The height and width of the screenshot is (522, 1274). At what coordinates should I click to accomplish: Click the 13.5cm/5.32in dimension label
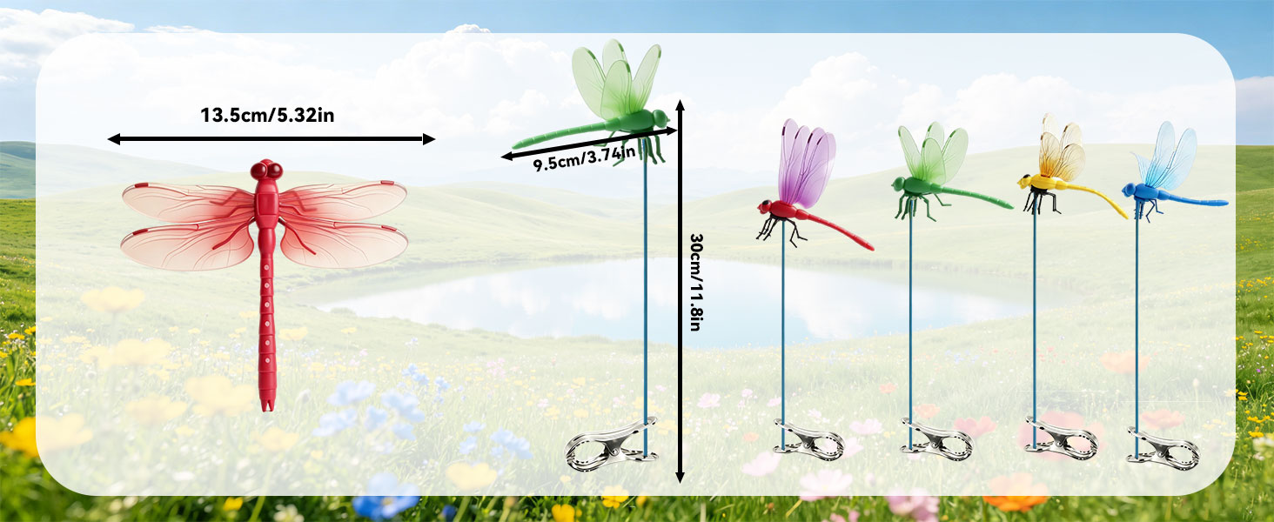267,116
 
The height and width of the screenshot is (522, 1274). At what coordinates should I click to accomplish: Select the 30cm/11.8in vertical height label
695,282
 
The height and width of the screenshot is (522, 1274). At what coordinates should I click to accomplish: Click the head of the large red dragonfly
267,170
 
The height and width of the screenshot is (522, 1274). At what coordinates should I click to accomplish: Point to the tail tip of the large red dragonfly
267,408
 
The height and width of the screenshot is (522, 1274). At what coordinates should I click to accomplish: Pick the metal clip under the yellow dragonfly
1061,438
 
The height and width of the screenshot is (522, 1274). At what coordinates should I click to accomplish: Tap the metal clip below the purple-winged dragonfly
808,440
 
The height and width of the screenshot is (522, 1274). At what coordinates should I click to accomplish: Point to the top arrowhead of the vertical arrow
680,104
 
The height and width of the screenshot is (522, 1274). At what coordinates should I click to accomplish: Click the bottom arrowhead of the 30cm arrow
680,478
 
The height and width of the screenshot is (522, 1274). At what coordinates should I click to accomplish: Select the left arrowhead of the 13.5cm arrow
114,138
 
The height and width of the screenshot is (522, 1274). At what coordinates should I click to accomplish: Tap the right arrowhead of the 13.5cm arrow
429,138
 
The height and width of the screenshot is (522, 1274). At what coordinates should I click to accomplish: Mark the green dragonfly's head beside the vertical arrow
660,118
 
